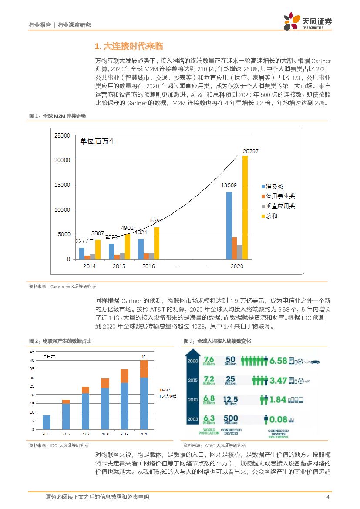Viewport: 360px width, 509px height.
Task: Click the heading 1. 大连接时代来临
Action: tap(128, 46)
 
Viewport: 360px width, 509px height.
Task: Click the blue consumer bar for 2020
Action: tap(229, 226)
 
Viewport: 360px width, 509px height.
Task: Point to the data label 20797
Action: tap(250, 151)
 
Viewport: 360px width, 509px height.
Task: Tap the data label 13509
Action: tap(229, 185)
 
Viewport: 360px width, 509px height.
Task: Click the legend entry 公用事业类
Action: tap(280, 196)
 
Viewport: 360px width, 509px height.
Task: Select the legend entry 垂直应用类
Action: tap(280, 206)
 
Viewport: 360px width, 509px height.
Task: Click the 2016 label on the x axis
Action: tap(148, 266)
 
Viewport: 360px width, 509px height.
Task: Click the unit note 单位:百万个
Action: tap(98, 141)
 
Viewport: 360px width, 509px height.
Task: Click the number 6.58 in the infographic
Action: tap(278, 361)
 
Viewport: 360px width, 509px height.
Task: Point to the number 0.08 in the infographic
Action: tap(278, 419)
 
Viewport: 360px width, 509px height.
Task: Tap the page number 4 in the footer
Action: tap(327, 497)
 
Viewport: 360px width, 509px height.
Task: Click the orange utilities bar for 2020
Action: tap(234, 248)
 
